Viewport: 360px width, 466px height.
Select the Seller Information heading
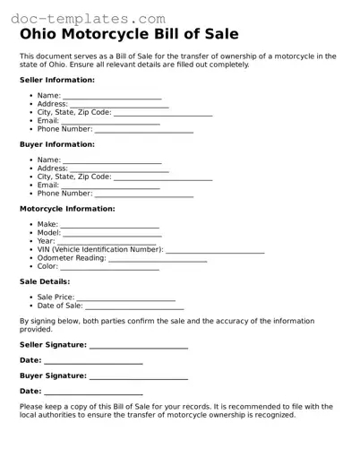[x=57, y=80]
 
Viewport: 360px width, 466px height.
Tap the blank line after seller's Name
[x=112, y=96]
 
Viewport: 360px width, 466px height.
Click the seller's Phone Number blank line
[x=143, y=131]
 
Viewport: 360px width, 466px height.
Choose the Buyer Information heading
[x=56, y=144]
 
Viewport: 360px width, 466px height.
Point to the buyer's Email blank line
[x=111, y=186]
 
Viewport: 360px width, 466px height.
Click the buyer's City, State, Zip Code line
[x=163, y=178]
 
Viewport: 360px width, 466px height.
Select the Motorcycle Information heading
[x=67, y=209]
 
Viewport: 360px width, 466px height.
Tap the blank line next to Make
[x=109, y=226]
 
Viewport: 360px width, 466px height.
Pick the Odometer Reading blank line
[x=158, y=260]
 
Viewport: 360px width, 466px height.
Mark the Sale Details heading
[x=45, y=281]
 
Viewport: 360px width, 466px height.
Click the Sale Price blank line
[x=125, y=298]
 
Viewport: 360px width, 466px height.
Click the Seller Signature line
[x=139, y=346]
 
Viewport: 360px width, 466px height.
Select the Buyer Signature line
[x=139, y=377]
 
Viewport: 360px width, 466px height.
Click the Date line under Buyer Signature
[x=93, y=393]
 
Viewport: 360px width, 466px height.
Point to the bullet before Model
[x=31, y=233]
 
